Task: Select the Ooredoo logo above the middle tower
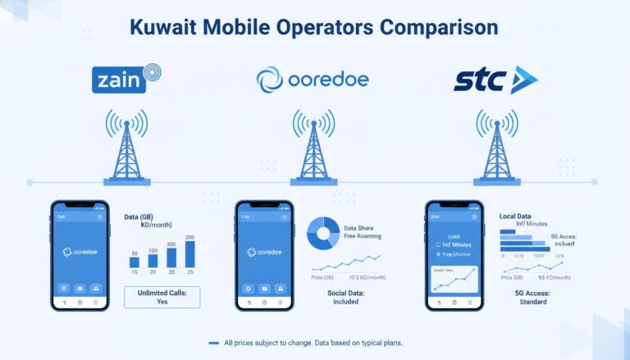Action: point(313,80)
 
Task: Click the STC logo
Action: point(494,80)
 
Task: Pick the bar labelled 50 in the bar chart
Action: point(135,262)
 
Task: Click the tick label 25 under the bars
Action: point(190,272)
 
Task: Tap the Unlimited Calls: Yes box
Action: point(162,296)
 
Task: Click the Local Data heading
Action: point(518,216)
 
